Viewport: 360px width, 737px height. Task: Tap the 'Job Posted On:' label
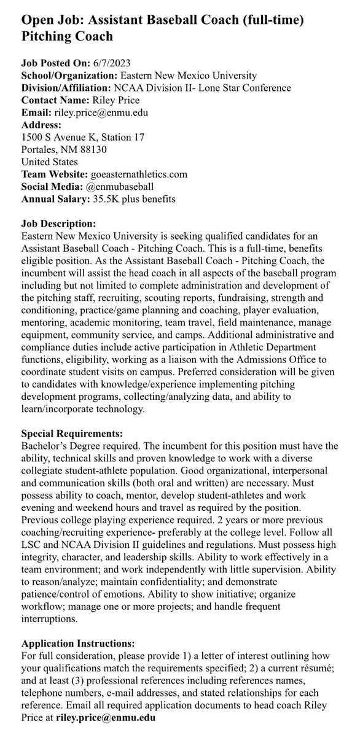[x=55, y=63]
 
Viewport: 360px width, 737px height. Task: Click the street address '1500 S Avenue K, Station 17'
[x=82, y=137]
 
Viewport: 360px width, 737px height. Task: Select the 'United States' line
[x=49, y=162]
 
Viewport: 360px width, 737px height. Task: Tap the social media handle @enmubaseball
[x=119, y=187]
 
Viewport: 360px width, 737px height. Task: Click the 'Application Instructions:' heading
[x=78, y=644]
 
